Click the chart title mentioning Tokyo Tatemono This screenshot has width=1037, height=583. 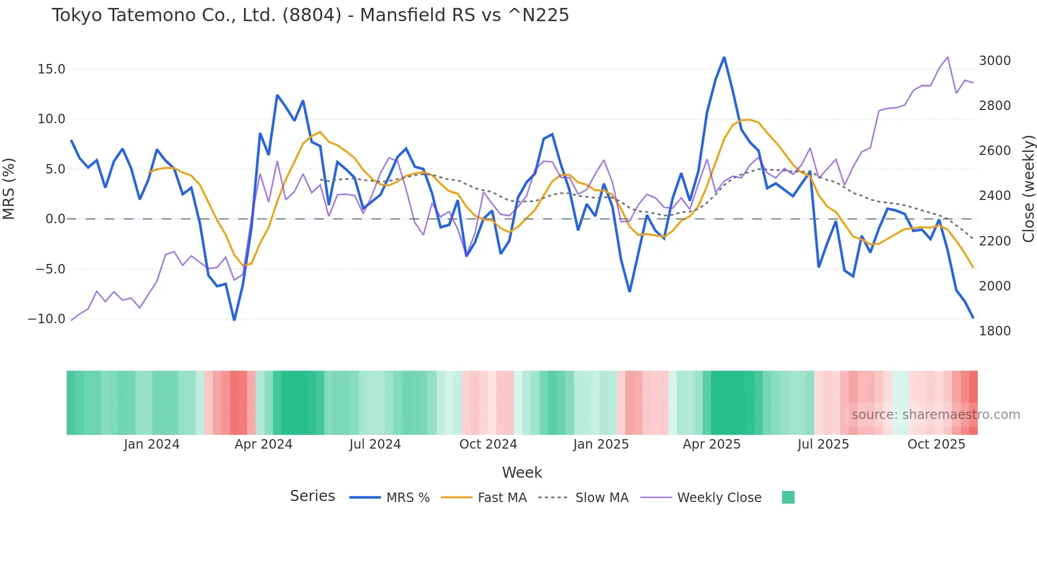point(310,15)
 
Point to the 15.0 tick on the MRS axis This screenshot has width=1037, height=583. point(51,69)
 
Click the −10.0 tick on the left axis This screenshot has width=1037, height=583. point(47,319)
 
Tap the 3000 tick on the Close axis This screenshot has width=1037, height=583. point(995,61)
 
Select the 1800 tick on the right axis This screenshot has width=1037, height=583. point(995,331)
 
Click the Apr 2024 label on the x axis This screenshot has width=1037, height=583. point(263,444)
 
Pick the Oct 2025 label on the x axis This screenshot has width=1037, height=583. point(936,444)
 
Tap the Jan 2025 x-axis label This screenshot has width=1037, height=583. point(601,444)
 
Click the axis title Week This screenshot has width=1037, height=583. point(522,472)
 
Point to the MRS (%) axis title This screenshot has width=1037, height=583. point(9,188)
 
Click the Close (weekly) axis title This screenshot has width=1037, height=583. point(1028,188)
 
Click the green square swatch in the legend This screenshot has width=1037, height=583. point(788,497)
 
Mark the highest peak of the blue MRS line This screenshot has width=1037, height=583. point(724,57)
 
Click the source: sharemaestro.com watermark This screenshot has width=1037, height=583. point(935,415)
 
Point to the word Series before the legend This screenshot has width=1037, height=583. point(312,496)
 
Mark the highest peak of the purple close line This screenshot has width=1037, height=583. point(947,57)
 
